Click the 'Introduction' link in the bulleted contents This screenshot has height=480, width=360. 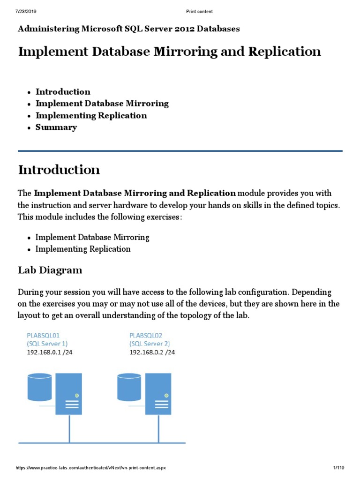[63, 92]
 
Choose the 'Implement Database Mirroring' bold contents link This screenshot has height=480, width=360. [102, 104]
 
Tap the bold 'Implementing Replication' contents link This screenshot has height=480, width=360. [91, 115]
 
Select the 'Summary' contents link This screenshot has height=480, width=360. [56, 127]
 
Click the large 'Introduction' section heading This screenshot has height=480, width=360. [59, 170]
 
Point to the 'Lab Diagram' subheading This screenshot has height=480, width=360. [50, 270]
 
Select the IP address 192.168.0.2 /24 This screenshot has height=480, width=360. [152, 352]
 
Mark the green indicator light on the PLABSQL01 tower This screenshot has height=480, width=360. [76, 396]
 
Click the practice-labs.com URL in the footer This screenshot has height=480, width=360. [91, 468]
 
